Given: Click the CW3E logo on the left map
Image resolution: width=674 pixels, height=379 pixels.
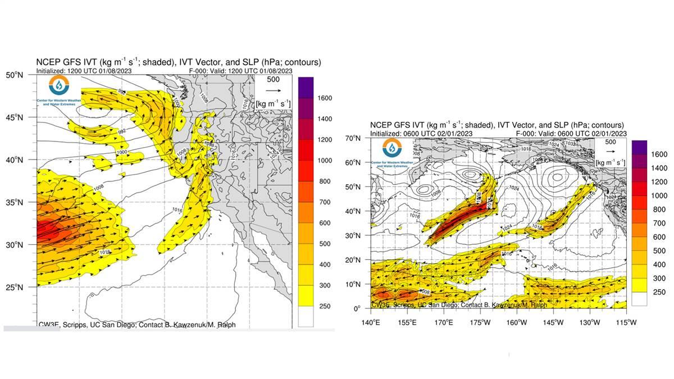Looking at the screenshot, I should coord(59,86).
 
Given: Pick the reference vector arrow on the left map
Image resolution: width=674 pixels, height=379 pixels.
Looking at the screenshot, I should coord(274,90).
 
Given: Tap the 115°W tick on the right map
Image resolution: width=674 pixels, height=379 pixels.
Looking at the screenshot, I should coord(625,322).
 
